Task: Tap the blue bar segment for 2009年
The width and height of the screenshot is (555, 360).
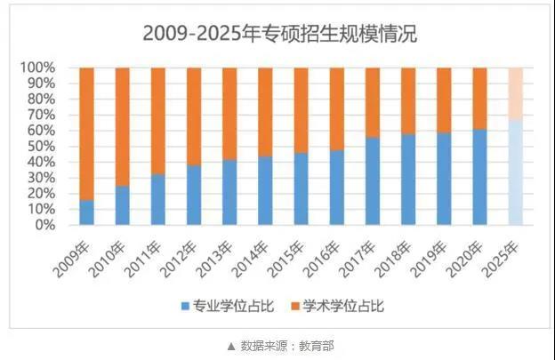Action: [x=86, y=212]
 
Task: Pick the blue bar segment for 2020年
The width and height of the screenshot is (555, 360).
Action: [x=480, y=177]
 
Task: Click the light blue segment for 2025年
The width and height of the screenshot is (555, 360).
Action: [x=516, y=172]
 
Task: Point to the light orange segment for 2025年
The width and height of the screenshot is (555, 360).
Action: [x=516, y=92]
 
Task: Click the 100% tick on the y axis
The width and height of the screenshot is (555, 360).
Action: [x=38, y=68]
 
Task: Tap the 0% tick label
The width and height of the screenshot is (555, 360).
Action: [x=44, y=225]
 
